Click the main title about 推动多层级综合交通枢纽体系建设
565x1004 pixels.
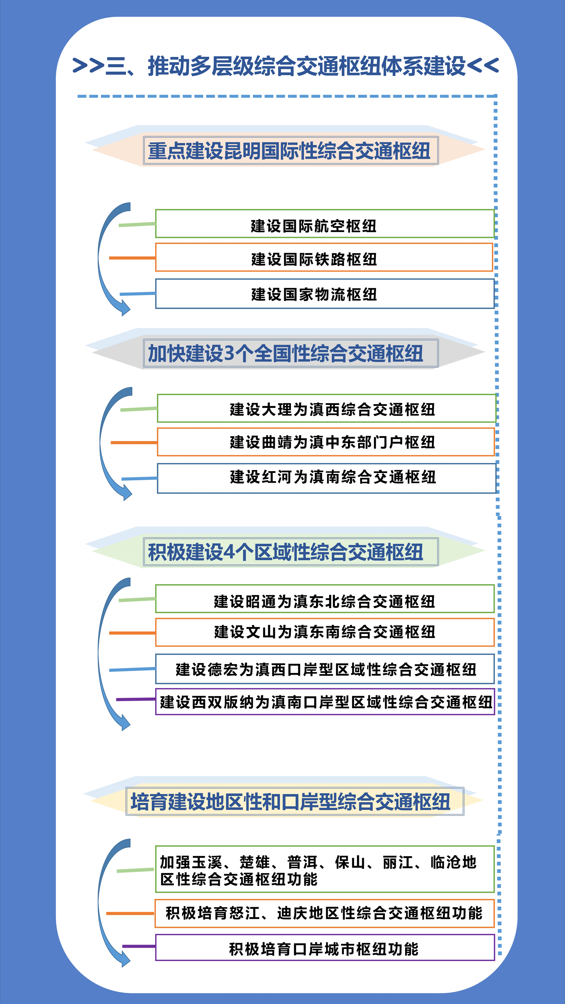pos(285,66)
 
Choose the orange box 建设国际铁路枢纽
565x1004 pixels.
pos(324,258)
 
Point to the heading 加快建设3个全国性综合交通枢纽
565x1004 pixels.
pos(286,354)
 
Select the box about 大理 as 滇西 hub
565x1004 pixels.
pos(326,408)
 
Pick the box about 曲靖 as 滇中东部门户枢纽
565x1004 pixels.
pos(325,442)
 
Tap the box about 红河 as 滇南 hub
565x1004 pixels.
pos(326,478)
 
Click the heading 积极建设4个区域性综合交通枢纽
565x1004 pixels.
pos(286,552)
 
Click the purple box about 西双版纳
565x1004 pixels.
pos(325,702)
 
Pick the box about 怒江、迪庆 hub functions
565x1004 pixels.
pos(324,913)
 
